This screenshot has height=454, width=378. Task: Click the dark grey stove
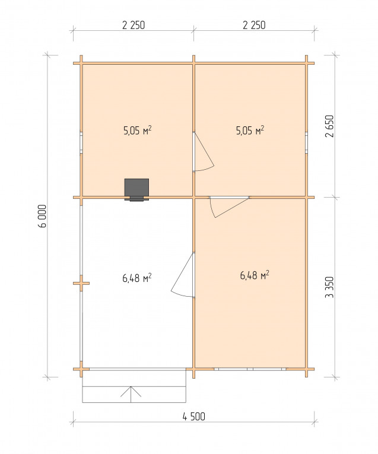pyautogui.click(x=136, y=189)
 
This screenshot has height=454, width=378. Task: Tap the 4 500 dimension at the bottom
pyautogui.click(x=193, y=417)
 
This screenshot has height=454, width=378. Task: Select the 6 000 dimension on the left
pyautogui.click(x=42, y=216)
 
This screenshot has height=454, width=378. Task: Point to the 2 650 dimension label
pyautogui.click(x=330, y=126)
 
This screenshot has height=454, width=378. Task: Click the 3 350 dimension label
pyautogui.click(x=330, y=287)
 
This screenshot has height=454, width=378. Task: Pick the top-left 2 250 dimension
pyautogui.click(x=134, y=25)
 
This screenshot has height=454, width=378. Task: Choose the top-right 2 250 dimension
pyautogui.click(x=254, y=25)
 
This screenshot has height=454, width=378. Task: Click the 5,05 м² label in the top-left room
pyautogui.click(x=138, y=131)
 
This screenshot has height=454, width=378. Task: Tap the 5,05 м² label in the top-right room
pyautogui.click(x=250, y=131)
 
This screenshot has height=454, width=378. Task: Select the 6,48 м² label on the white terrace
pyautogui.click(x=137, y=278)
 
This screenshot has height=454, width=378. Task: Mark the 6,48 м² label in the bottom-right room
pyautogui.click(x=255, y=275)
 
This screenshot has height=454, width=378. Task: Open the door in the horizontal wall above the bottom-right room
pyautogui.click(x=228, y=208)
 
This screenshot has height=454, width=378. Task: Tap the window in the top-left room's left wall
pyautogui.click(x=81, y=143)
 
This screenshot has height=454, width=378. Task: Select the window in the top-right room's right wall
pyautogui.click(x=306, y=143)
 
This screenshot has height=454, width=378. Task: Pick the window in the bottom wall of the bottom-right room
pyautogui.click(x=250, y=369)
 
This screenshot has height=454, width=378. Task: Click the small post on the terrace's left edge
pyautogui.click(x=81, y=283)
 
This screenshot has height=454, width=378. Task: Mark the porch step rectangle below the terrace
pyautogui.click(x=134, y=394)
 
